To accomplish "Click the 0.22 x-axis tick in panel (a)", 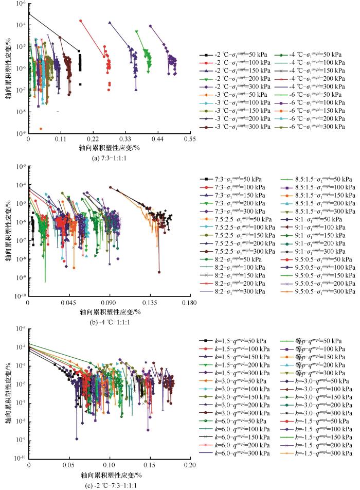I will coord(93,139).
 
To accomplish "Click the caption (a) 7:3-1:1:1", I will coord(110,158).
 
